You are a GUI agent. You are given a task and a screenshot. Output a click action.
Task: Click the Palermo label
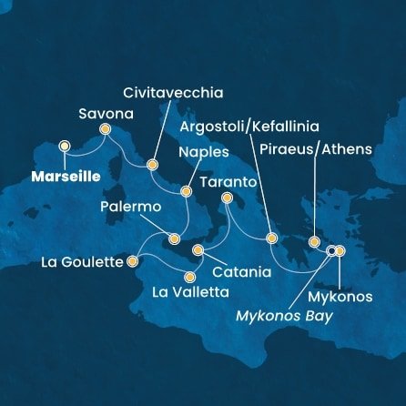131,208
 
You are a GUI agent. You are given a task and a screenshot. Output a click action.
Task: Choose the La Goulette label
82,262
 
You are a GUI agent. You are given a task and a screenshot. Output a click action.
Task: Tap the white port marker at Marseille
65,146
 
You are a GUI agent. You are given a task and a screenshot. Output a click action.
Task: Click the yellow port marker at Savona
105,129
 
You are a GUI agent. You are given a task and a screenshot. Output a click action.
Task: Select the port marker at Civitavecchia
151,166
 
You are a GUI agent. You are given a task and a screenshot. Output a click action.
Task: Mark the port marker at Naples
186,192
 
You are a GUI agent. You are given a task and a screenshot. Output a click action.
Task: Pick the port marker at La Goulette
132,262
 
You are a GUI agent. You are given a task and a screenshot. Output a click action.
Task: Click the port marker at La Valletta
190,276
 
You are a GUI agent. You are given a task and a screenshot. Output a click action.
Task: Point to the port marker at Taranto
228,198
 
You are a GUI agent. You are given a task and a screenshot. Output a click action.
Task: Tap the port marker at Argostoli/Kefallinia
270,239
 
